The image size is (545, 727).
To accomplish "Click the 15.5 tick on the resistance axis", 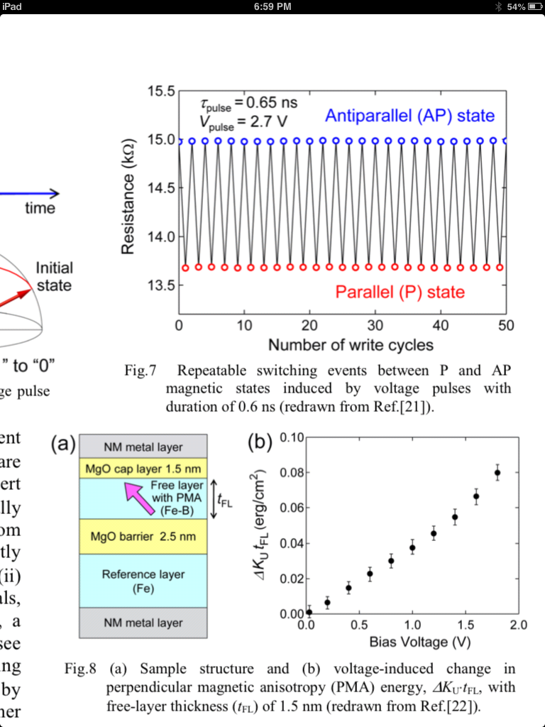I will tap(160, 92).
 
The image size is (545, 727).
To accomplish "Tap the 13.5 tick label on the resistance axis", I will tap(160, 285).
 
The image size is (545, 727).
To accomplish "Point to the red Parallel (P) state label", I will tap(400, 292).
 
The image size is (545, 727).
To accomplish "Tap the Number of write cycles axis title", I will tap(351, 345).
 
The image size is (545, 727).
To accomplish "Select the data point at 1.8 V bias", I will tap(497, 473).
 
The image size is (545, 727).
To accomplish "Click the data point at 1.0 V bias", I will tap(412, 547).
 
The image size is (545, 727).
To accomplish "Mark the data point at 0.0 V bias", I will tap(309, 611).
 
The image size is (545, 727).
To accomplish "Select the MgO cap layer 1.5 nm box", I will tap(143, 469).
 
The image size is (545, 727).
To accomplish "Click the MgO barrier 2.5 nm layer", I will tap(143, 536).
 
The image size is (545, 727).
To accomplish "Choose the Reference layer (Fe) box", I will tap(143, 581).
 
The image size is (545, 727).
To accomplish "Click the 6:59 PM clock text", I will tap(272, 7).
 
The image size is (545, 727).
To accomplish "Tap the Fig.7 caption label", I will tap(139, 370).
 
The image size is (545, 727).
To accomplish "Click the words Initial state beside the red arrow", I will tap(54, 277).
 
